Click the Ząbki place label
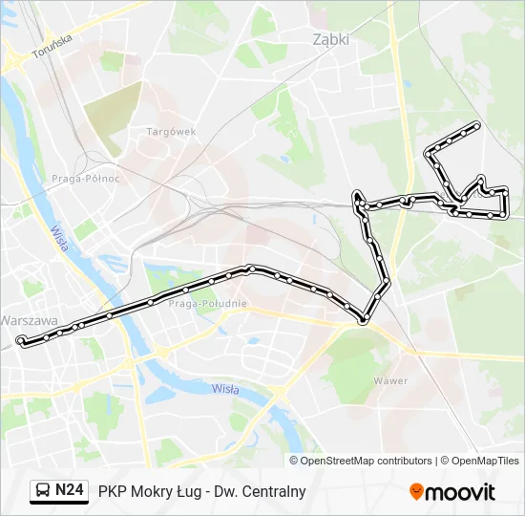click(x=331, y=40)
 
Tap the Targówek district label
click(x=171, y=131)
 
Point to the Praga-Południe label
click(x=207, y=303)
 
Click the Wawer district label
click(x=390, y=380)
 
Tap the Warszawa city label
click(x=29, y=320)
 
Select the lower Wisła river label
click(x=225, y=388)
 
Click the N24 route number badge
click(x=69, y=490)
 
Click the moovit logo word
click(x=460, y=492)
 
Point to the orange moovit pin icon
click(x=416, y=491)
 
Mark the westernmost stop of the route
click(x=21, y=340)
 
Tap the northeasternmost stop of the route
click(x=476, y=125)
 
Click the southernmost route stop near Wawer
click(x=363, y=320)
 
